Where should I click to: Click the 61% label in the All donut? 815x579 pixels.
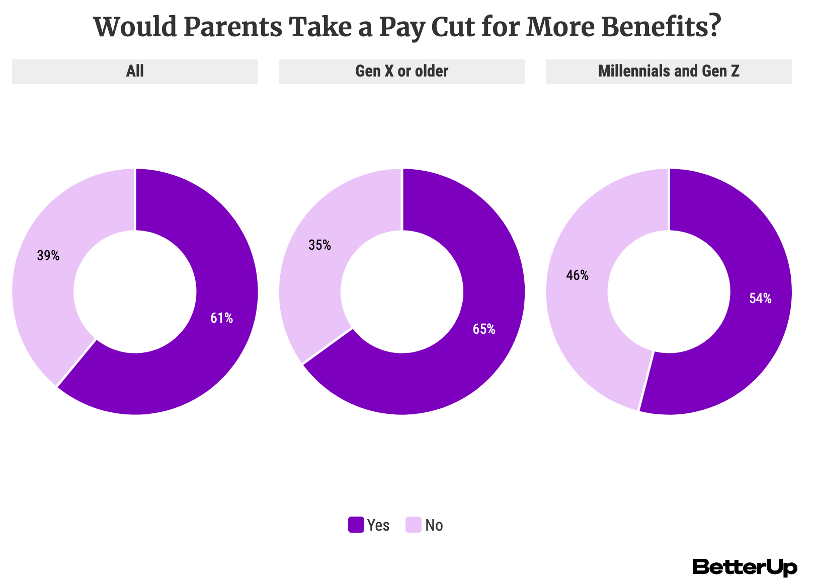[221, 318]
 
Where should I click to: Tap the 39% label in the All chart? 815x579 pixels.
[48, 256]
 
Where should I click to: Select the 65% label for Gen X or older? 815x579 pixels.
[483, 329]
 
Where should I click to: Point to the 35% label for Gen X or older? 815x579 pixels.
[319, 245]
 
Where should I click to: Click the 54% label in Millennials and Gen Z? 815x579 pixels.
[760, 299]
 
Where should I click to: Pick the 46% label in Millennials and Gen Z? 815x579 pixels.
[577, 275]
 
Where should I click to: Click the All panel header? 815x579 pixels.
[135, 71]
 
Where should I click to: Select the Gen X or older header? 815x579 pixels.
[401, 71]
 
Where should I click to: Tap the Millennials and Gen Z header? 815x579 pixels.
[669, 71]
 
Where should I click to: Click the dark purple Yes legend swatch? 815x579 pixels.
[356, 525]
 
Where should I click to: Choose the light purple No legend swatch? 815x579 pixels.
[413, 525]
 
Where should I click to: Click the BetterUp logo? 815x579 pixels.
[745, 567]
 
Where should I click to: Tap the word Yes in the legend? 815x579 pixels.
[378, 525]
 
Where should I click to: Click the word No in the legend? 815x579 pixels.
[434, 525]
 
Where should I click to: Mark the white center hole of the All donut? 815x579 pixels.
[135, 292]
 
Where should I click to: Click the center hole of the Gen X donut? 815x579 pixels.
[401, 292]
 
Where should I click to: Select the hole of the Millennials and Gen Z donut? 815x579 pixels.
[669, 292]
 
